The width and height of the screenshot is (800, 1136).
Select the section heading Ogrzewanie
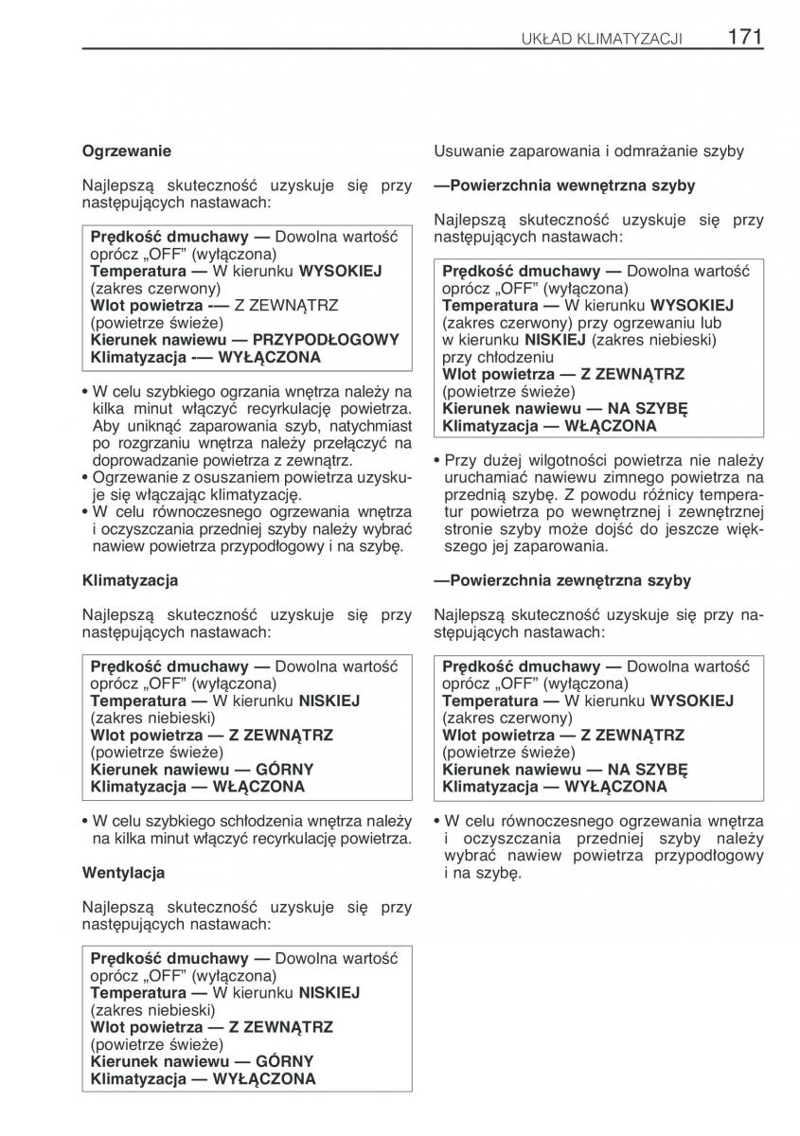(x=127, y=151)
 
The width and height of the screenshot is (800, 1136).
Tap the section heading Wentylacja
(x=123, y=873)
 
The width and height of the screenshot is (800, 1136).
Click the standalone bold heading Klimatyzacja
(x=130, y=580)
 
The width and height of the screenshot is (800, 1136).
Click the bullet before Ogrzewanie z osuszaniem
(x=86, y=477)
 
